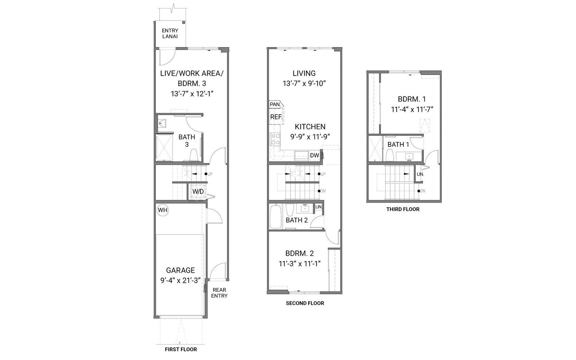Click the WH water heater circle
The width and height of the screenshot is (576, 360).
pos(163,210)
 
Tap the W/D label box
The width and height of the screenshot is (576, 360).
pos(198,191)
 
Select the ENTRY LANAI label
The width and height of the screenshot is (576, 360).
pos(170,34)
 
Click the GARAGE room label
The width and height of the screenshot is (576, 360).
pos(180,270)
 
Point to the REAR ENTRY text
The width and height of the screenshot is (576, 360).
pos(219,293)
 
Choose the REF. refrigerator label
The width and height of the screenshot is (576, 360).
pos(276,117)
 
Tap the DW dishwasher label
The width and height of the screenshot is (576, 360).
pos(314,155)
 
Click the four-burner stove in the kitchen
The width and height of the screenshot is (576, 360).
pos(275,139)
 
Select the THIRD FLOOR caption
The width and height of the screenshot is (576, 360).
pos(403,209)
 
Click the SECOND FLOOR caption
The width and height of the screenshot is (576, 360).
pos(305,303)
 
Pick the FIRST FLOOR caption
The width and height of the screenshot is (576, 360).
pos(181,349)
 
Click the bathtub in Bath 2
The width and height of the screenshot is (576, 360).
pos(276,216)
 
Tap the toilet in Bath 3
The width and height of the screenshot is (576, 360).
pos(193,155)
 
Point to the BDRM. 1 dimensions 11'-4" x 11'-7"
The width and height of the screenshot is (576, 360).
pos(412,110)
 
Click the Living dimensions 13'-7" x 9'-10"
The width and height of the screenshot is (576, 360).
pos(304,84)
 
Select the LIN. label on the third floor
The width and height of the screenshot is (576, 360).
pos(420,174)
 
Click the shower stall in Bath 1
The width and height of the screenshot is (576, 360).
pos(376,148)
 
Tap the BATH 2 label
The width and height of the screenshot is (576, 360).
pos(297,220)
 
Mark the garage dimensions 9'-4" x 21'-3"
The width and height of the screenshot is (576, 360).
pos(180,280)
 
